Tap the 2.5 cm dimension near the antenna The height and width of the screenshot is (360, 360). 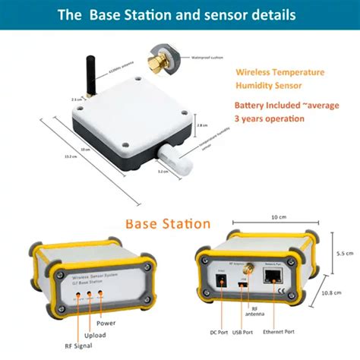(76, 99)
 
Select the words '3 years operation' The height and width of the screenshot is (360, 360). (269, 118)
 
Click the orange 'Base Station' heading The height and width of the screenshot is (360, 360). (168, 224)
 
